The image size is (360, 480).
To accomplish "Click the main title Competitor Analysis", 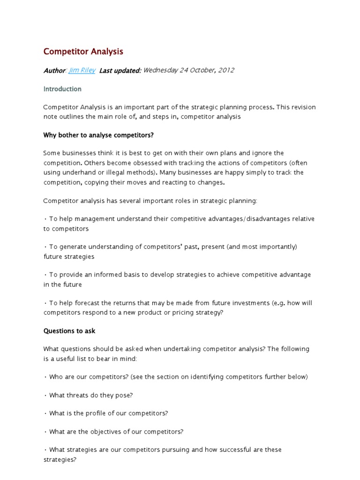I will (83, 51).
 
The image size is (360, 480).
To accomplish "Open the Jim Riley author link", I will (82, 70).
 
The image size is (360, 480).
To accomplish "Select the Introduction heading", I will (62, 89).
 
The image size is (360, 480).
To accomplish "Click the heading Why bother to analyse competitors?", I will (98, 135).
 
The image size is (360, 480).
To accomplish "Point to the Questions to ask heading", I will (69, 331).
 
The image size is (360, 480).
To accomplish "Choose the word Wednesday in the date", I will (161, 70).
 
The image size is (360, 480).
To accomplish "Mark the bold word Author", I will (54, 70).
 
